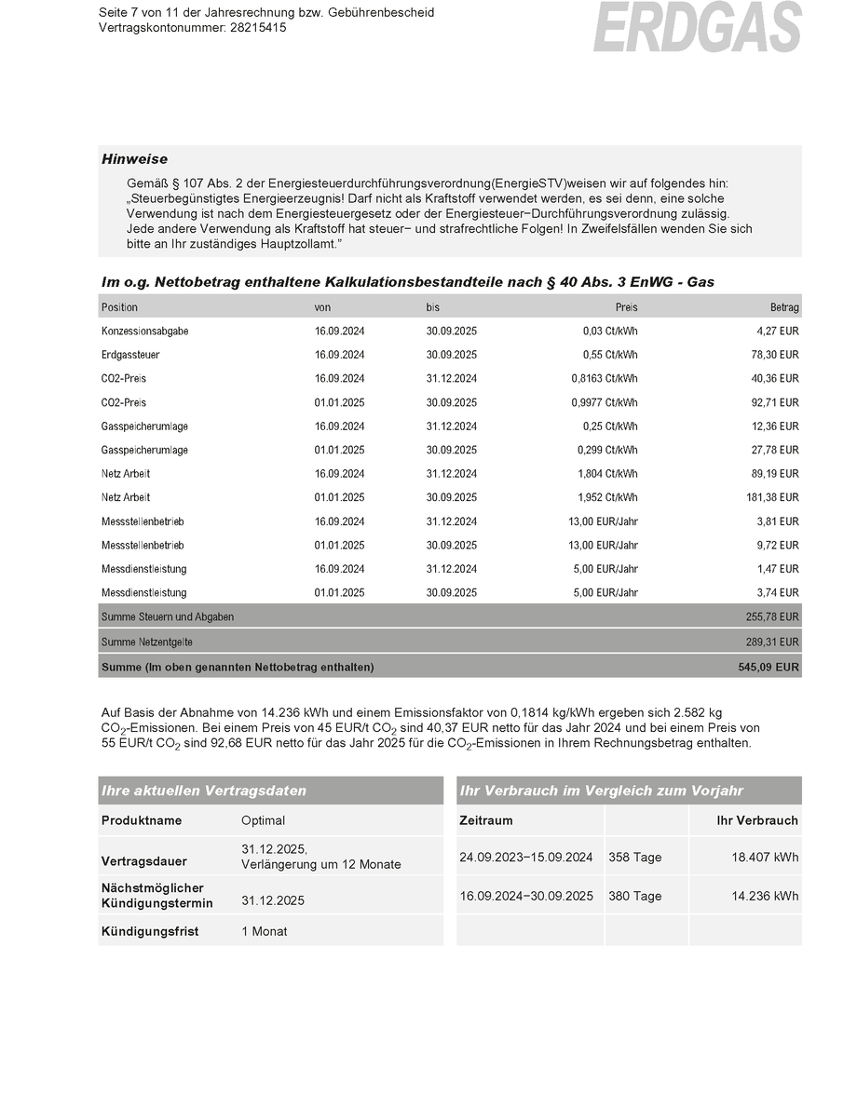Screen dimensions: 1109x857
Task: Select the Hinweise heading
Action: pos(134,159)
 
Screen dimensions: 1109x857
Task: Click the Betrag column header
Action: pos(784,307)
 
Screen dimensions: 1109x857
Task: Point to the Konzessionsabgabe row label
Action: pos(144,331)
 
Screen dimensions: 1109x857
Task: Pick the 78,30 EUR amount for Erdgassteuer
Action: pos(777,355)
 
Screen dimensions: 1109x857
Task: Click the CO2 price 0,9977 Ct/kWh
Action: pos(605,403)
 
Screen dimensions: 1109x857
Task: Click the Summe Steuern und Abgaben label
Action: pos(167,617)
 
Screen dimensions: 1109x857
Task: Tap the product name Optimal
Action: pos(263,820)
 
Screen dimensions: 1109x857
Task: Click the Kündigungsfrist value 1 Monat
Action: pos(264,931)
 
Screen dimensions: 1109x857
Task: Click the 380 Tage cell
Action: pos(634,897)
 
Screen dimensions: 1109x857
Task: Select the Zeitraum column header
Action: pos(486,820)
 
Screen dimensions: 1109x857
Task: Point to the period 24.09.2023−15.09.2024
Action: pos(526,858)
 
